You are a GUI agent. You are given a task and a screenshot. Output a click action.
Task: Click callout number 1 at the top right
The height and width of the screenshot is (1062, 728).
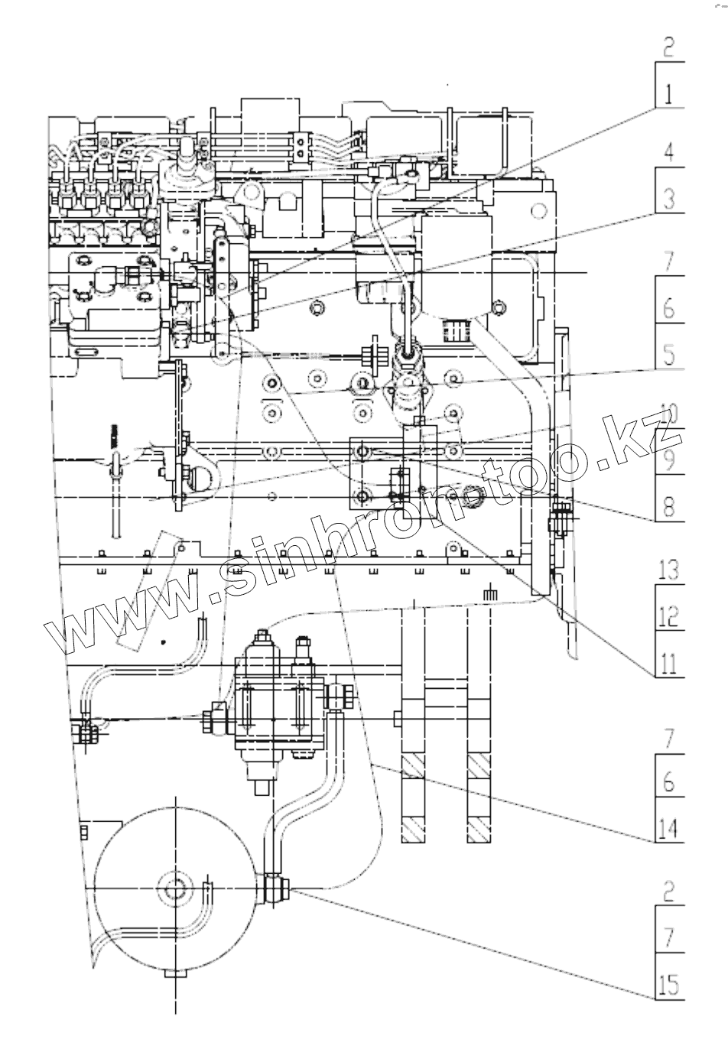pos(668,94)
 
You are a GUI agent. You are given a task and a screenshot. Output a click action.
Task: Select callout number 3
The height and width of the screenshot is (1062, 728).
pos(668,200)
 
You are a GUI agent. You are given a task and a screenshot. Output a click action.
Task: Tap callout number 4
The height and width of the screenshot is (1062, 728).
pos(668,152)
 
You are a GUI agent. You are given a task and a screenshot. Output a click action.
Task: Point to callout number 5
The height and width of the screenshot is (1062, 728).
pos(668,355)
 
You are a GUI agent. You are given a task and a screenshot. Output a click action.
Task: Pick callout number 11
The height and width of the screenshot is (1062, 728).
pos(668,663)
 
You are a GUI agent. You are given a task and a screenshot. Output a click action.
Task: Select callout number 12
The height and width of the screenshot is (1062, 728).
pos(668,616)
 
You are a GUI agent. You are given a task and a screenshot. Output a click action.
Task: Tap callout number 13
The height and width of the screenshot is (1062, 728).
pos(668,570)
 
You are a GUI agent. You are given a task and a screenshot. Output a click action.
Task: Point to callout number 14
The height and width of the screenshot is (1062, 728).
pos(668,829)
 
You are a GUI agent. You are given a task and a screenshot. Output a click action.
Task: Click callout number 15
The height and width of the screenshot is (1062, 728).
pos(668,985)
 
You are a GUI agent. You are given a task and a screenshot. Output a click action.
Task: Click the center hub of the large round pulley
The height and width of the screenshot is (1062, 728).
pos(175,889)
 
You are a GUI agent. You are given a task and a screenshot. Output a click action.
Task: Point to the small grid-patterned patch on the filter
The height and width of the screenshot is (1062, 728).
pos(454,331)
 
